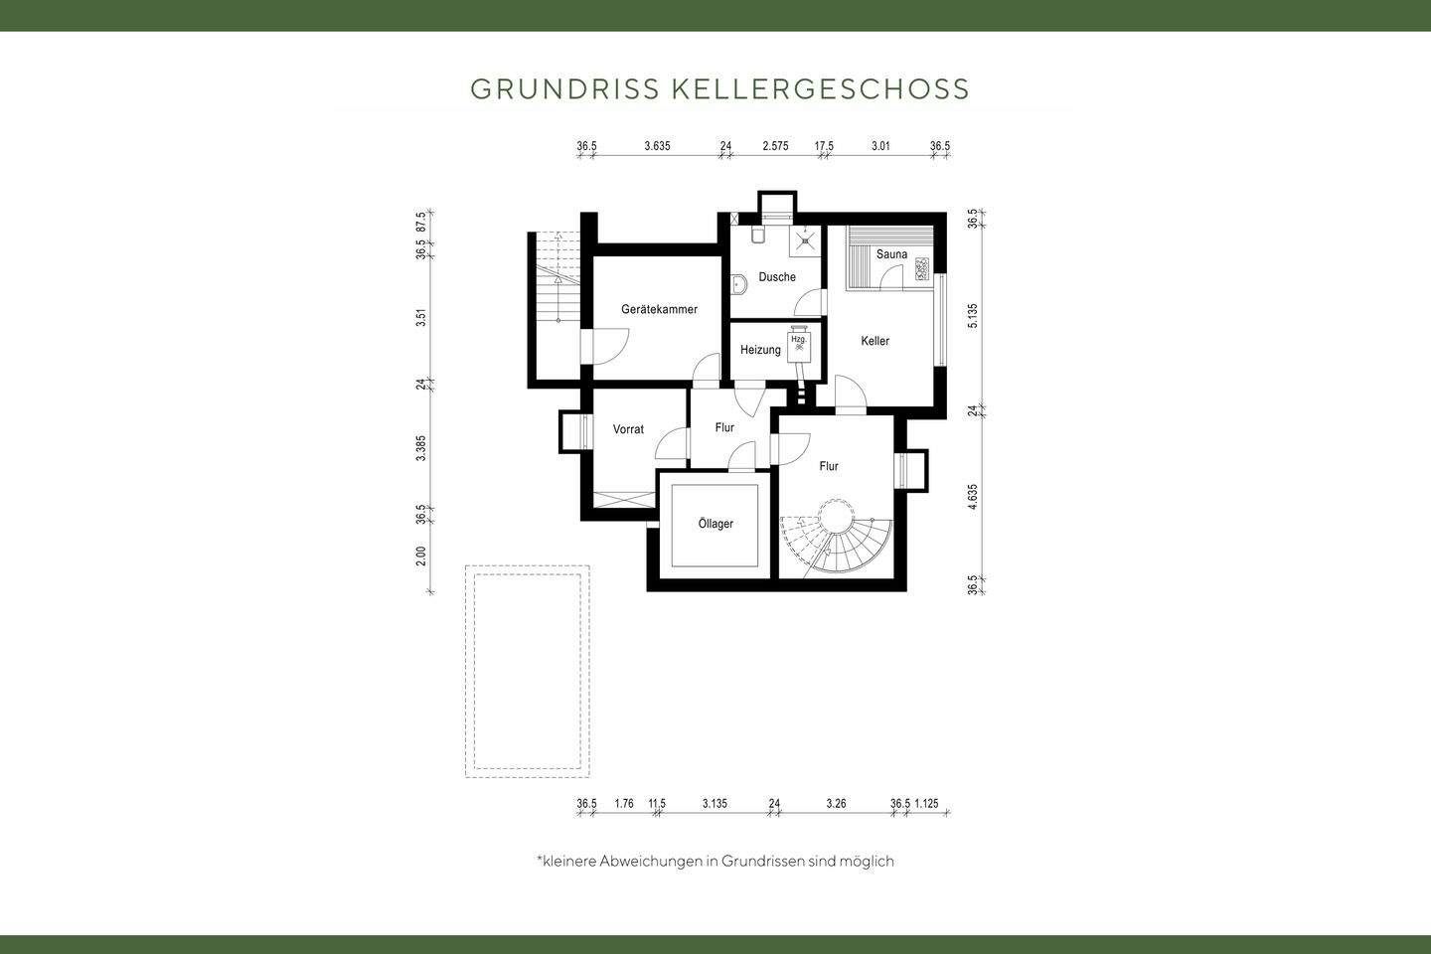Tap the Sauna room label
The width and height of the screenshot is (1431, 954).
[x=891, y=254]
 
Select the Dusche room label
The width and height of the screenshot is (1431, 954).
[x=777, y=277]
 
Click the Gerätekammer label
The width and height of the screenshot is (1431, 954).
[x=659, y=309]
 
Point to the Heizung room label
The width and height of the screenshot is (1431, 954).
[x=760, y=350]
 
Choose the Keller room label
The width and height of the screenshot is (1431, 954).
[x=874, y=341]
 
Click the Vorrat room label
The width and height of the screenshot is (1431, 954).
[x=628, y=429]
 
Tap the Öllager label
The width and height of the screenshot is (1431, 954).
[x=715, y=524]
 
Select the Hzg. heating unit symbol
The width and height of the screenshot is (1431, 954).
[x=798, y=345]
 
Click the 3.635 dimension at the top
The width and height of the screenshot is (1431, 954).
[x=657, y=146]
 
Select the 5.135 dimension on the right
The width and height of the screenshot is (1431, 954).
[x=973, y=316]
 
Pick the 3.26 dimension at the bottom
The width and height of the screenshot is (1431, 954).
[x=836, y=804]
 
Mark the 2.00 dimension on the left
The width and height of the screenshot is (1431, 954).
[x=421, y=556]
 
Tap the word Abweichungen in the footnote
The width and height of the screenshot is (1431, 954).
[x=650, y=861]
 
